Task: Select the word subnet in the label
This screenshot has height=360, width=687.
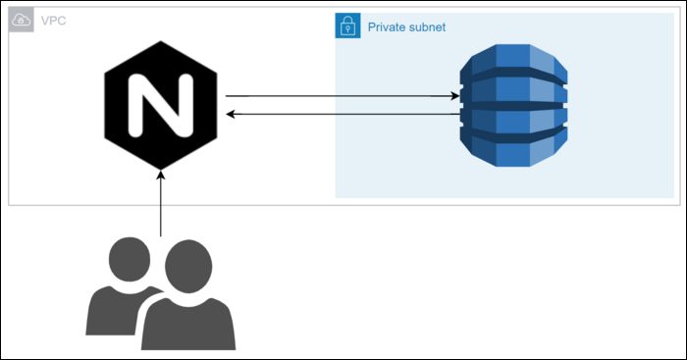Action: [429, 27]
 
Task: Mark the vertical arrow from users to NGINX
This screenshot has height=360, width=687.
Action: [160, 206]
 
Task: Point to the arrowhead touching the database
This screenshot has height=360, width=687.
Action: [455, 96]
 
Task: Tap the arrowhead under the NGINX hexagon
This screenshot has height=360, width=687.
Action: [160, 175]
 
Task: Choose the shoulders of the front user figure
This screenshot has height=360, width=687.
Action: [187, 324]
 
